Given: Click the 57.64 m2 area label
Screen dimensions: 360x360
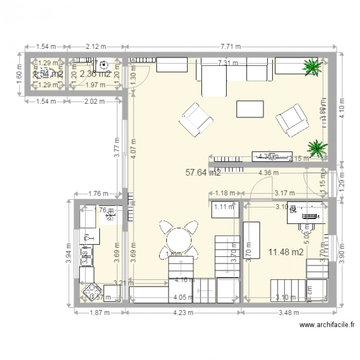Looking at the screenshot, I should pyautogui.click(x=203, y=172).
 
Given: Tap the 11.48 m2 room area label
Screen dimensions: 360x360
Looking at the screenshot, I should pyautogui.click(x=286, y=252).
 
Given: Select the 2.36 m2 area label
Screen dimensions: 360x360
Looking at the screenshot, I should pyautogui.click(x=96, y=74).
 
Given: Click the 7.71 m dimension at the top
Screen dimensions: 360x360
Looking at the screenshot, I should pyautogui.click(x=230, y=47).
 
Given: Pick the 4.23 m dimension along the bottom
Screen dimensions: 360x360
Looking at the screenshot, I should pyautogui.click(x=183, y=312).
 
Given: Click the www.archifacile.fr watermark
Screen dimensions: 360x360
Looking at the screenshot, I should pyautogui.click(x=326, y=325).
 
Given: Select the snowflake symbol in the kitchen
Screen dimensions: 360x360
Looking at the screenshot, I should pyautogui.click(x=111, y=217).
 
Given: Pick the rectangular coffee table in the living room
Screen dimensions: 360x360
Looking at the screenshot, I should pyautogui.click(x=250, y=109).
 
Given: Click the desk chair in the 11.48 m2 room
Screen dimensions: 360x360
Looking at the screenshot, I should pyautogui.click(x=305, y=226).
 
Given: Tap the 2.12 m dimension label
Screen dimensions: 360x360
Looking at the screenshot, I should pyautogui.click(x=96, y=47).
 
